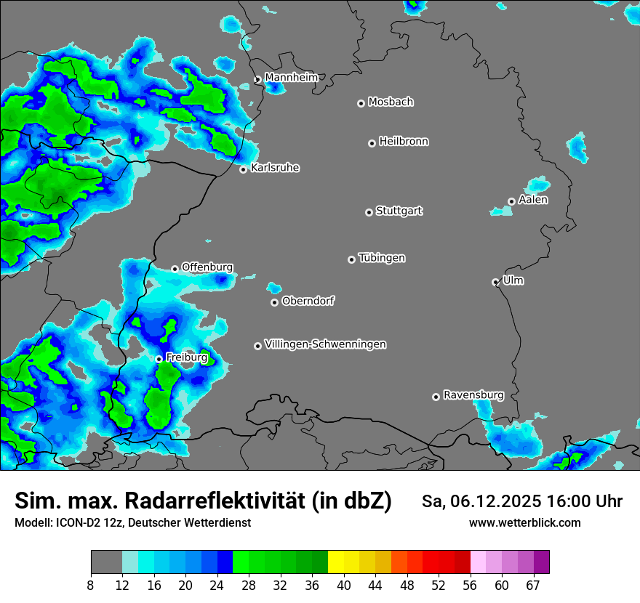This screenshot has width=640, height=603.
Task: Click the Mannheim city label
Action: (291, 77)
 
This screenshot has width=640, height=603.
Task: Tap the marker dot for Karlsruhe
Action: (244, 170)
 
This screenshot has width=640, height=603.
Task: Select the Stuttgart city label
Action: (399, 211)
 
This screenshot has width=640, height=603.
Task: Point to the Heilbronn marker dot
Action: (372, 143)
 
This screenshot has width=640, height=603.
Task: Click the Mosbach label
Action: (391, 102)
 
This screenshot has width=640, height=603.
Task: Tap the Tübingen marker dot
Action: (351, 259)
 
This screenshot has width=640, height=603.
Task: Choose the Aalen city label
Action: (533, 200)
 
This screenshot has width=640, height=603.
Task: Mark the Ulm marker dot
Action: (495, 282)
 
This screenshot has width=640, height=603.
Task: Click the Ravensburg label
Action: (473, 395)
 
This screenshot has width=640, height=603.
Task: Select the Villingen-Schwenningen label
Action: (325, 344)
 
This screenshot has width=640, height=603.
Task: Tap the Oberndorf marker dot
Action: (274, 302)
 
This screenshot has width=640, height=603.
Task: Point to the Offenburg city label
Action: (207, 267)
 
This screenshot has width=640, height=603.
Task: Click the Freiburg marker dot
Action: (159, 359)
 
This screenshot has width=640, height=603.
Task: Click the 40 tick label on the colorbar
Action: (343, 586)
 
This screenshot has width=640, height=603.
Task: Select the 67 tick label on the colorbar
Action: (533, 586)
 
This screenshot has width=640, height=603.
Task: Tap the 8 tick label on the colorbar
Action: (91, 586)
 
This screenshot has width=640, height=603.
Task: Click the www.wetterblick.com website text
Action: (524, 522)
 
